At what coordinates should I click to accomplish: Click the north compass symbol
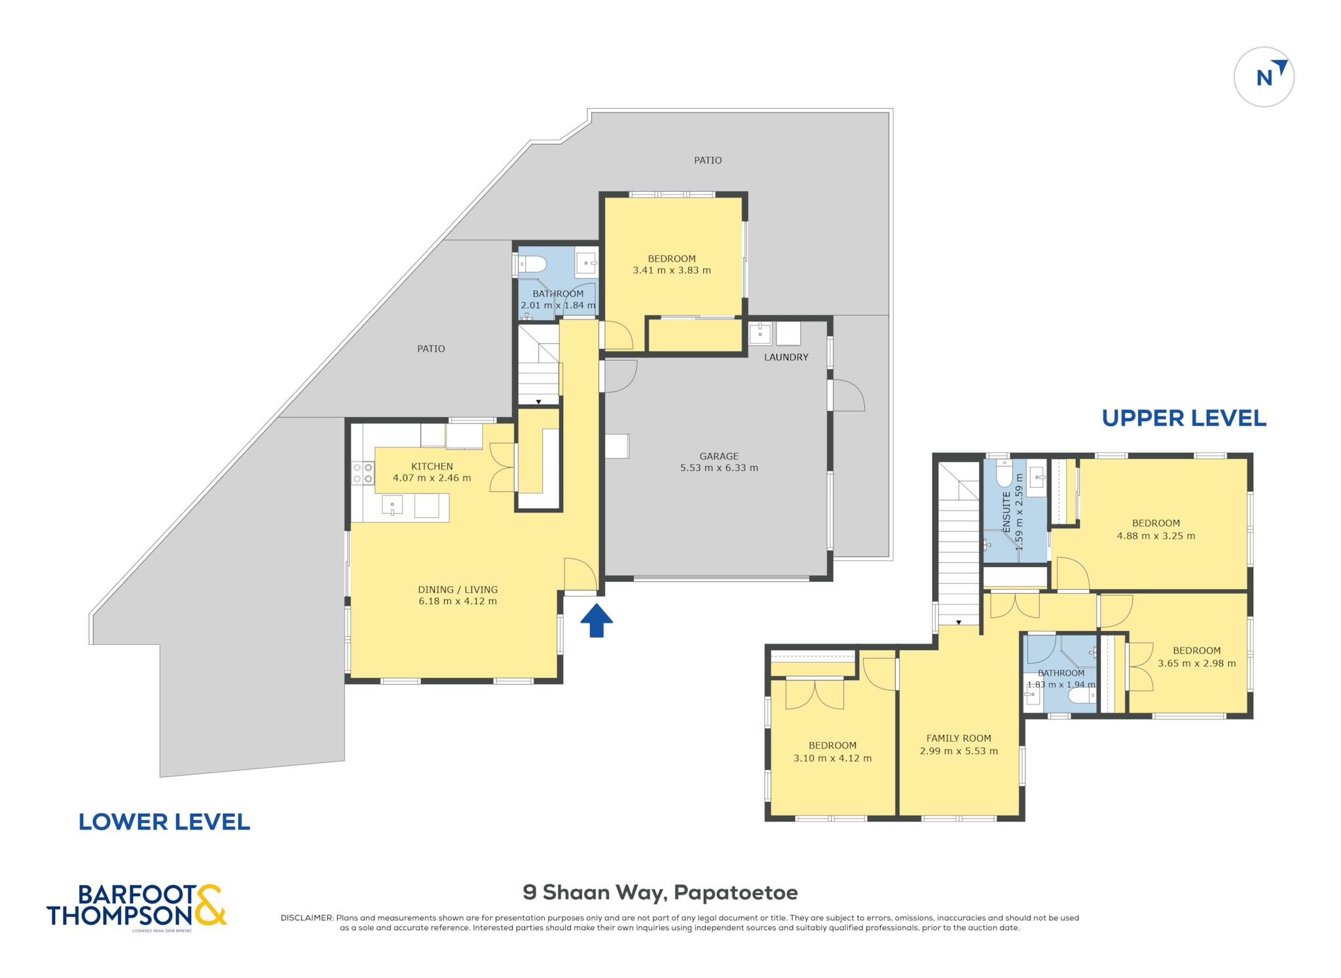[x=1264, y=77]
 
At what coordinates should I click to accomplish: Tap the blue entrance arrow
[x=597, y=620]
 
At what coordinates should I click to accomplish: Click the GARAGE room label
[x=719, y=456]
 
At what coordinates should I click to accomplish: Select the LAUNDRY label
[x=786, y=357]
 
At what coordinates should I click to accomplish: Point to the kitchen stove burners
[x=363, y=473]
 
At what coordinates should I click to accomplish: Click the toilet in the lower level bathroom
[x=531, y=264]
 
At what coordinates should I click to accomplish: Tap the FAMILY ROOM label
[x=959, y=738]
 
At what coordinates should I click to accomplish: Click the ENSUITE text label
[x=1007, y=512]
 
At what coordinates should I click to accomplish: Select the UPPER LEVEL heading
[x=1184, y=418]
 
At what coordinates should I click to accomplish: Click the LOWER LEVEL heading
[x=164, y=822]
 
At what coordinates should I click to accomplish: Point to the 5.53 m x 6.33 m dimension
[x=719, y=468]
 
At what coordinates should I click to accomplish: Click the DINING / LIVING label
[x=458, y=590]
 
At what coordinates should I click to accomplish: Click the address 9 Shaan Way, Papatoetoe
[x=660, y=892]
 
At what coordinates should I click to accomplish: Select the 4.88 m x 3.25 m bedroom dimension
[x=1156, y=535]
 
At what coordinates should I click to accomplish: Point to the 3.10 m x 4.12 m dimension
[x=832, y=758]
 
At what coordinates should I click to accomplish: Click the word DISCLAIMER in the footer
[x=307, y=918]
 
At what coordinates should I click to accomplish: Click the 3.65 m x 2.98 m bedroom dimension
[x=1196, y=663]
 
